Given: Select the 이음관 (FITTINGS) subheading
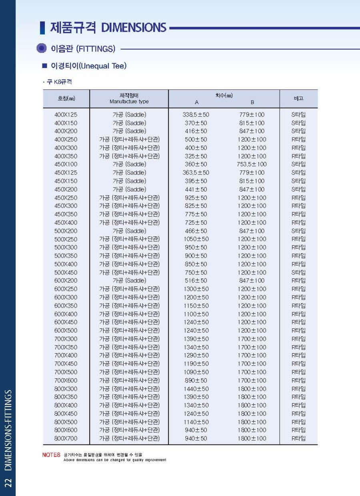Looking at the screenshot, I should click(83, 49).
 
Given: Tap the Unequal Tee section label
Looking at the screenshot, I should click(88, 66).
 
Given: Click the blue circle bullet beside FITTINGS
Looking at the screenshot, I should click(41, 48).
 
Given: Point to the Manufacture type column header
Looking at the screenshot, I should click(129, 102).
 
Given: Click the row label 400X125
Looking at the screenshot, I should click(66, 115).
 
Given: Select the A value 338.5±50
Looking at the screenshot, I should click(196, 115).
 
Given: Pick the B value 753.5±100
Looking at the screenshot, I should click(252, 164).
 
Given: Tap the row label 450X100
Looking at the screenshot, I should click(66, 164).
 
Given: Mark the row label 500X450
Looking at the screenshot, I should click(66, 272).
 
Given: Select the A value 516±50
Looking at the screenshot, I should click(196, 280).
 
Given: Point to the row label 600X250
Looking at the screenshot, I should click(66, 289).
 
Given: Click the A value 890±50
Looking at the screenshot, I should click(196, 380).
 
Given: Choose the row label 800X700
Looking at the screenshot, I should click(66, 438).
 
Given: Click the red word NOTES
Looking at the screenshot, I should click(51, 455).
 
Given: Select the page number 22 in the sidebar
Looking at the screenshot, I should click(8, 482).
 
